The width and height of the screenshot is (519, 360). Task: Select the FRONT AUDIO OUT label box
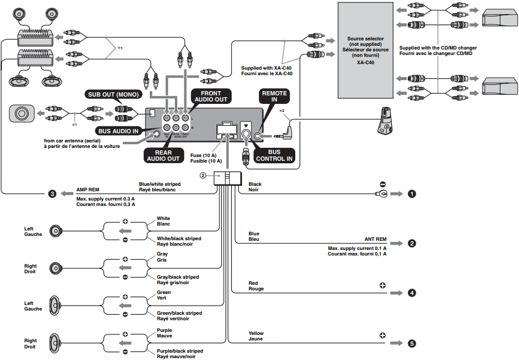point(210,95)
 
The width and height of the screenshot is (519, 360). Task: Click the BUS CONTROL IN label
point(274,155)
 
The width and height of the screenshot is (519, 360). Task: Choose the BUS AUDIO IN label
point(119,131)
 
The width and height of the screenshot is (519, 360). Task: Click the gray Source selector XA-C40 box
point(365,50)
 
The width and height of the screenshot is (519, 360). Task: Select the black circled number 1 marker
point(412,194)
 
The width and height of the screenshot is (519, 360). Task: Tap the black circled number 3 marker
point(53,194)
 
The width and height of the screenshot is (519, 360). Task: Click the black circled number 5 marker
point(412,343)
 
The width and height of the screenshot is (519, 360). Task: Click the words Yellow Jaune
point(256,336)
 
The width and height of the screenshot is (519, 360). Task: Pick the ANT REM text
point(375,239)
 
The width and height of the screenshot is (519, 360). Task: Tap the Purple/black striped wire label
point(179,353)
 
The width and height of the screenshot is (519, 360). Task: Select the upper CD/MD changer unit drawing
point(499,20)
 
